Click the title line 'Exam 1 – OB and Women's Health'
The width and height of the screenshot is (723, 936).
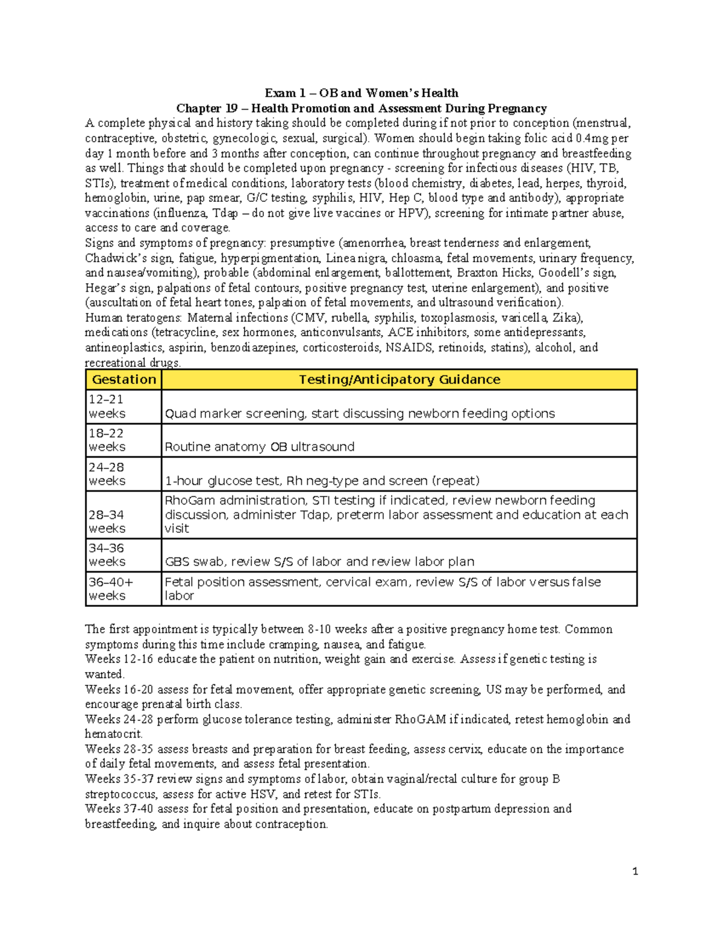coord(361,93)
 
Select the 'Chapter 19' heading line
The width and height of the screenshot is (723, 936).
coord(361,108)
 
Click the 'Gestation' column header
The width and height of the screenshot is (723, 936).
coord(124,380)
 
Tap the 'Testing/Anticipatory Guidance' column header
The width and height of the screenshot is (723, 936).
coord(399,380)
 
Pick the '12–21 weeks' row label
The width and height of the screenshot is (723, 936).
coord(107,407)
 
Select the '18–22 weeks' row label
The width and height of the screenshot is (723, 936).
coord(107,441)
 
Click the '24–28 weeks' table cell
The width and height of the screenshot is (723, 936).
coord(107,474)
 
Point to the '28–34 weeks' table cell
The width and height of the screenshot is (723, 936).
coord(107,521)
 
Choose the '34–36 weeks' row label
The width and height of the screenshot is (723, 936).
coord(107,555)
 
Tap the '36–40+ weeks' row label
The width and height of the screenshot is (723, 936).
coord(111,589)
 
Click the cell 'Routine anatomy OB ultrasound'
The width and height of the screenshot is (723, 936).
coord(260,447)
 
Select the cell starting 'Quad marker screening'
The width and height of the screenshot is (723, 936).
coord(360,413)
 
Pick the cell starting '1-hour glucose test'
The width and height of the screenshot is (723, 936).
coord(322,481)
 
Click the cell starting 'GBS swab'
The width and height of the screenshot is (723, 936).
coord(319,562)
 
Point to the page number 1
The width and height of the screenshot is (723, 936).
coord(635,871)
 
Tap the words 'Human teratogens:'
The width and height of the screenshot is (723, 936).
coord(134,318)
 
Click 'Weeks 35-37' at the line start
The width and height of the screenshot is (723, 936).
coord(119,779)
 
